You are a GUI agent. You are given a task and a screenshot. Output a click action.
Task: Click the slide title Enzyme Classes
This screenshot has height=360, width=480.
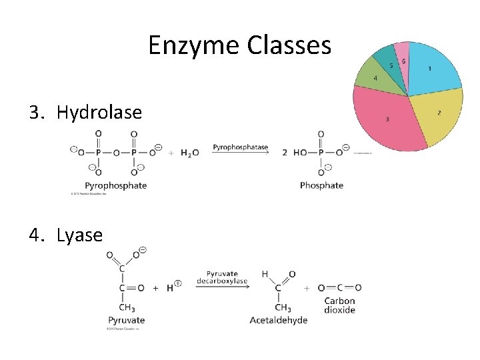[239, 45]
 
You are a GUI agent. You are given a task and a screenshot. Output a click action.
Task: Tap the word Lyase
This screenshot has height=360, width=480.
[79, 235]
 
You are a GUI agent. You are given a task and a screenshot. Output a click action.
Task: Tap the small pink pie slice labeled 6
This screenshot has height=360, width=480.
[402, 55]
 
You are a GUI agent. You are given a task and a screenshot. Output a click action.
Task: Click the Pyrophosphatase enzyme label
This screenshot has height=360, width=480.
[240, 147]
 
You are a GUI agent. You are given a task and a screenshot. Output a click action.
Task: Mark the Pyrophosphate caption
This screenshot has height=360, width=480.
[115, 185]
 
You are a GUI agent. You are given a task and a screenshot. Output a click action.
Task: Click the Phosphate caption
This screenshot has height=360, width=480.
[321, 185]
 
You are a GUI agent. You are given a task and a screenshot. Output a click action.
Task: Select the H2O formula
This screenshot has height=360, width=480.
[189, 153]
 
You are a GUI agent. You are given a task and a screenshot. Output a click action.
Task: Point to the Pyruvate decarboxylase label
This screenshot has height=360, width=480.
[222, 277]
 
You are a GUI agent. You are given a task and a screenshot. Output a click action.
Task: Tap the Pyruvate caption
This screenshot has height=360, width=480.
[127, 321]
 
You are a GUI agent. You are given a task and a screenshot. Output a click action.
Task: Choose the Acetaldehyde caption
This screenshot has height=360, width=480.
[279, 321]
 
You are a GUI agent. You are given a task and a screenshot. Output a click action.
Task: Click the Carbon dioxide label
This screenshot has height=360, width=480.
[339, 305]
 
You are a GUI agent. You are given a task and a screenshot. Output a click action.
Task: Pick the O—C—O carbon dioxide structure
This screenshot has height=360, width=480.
[339, 288]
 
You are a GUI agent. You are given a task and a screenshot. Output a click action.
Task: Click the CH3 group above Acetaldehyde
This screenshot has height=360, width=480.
[283, 308]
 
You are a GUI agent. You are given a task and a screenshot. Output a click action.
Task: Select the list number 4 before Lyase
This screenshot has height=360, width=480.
[35, 235]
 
